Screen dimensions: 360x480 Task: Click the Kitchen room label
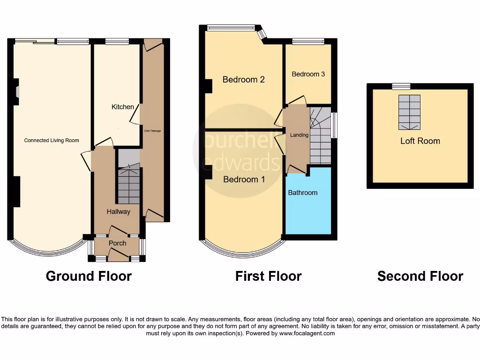(122, 107)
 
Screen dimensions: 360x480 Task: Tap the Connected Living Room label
(52, 140)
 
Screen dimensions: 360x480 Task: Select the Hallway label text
(118, 211)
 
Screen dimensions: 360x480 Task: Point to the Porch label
(117, 243)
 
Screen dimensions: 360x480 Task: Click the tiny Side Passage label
(152, 131)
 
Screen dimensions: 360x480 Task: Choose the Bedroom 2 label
(243, 79)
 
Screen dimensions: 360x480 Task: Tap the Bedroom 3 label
(308, 74)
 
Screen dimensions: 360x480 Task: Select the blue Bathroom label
(302, 193)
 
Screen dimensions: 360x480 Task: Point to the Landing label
(299, 135)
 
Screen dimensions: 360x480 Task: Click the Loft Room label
(420, 141)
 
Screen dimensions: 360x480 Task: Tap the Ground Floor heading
(89, 277)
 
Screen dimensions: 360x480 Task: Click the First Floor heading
(268, 277)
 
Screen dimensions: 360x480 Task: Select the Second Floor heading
(420, 277)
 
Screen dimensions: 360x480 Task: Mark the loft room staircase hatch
(409, 112)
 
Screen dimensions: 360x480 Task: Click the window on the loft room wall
(401, 86)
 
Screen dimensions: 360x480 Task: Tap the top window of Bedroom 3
(308, 41)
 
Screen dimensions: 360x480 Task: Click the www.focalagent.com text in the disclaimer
(307, 333)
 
